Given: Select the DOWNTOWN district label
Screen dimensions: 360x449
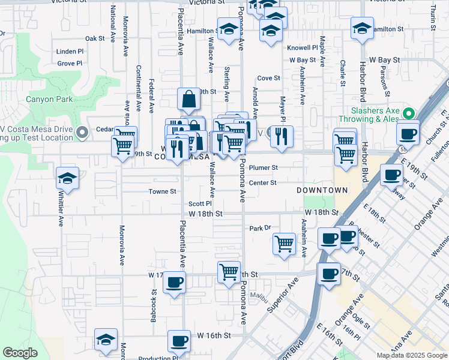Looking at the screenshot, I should pos(322,190).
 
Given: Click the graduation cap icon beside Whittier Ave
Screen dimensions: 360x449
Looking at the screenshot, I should pos(68,178).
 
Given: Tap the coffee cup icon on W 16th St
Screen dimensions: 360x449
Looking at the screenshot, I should pos(179,341).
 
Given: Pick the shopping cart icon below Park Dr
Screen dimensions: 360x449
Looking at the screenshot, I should pos(284,244).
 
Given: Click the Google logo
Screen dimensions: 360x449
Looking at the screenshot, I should pos(20,353).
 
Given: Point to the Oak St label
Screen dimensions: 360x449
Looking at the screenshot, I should pos(95,38).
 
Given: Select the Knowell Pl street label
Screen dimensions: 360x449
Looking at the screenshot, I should pos(303,47).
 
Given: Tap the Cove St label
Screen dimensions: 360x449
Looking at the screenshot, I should pos(268,78).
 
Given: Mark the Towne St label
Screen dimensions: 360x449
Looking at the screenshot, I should pos(163,192).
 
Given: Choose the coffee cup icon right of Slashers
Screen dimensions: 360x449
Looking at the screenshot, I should pos(408,134).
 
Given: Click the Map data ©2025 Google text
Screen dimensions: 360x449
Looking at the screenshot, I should pos(412,355).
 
